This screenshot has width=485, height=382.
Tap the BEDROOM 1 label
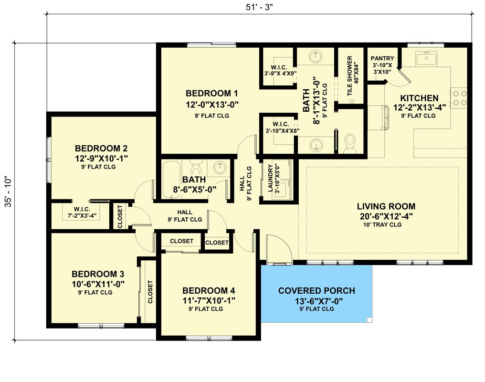pyautogui.click(x=211, y=93)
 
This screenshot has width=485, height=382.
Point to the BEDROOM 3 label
pyautogui.click(x=98, y=274)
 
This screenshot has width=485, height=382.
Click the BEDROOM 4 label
pyautogui.click(x=209, y=291)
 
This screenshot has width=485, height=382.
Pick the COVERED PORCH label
pyautogui.click(x=316, y=291)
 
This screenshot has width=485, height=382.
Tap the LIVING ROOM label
pyautogui.click(x=386, y=207)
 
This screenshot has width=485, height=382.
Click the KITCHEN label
pyautogui.click(x=419, y=98)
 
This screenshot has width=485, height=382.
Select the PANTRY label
pyautogui.click(x=382, y=59)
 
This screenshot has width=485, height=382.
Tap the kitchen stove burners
pyautogui.click(x=459, y=97)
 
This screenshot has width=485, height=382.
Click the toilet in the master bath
pyautogui.click(x=351, y=142)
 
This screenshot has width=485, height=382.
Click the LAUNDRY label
pyautogui.click(x=270, y=178)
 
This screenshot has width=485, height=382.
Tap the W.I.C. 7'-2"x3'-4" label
pyautogui.click(x=78, y=208)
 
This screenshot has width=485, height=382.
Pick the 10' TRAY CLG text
pyautogui.click(x=386, y=224)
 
